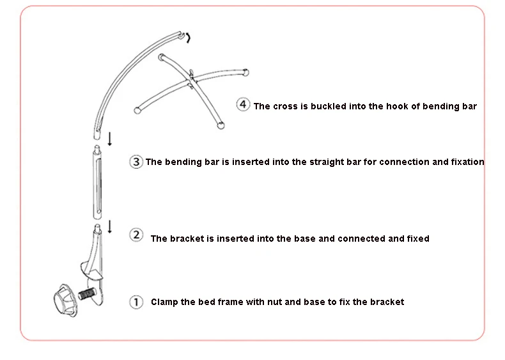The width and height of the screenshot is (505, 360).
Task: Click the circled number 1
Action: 136,302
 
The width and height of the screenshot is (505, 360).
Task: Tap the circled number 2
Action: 136,235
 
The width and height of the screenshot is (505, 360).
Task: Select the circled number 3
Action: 136,162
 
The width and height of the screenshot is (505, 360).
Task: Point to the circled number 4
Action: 243,105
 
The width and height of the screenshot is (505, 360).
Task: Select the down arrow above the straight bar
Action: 110,139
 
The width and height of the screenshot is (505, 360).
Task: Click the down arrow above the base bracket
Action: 110,226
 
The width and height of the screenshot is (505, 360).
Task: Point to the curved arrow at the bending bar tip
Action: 187,38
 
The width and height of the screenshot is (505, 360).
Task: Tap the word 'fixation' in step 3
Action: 467,162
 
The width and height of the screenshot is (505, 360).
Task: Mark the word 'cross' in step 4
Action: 285,106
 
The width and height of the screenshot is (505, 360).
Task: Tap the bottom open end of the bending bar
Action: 97,134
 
